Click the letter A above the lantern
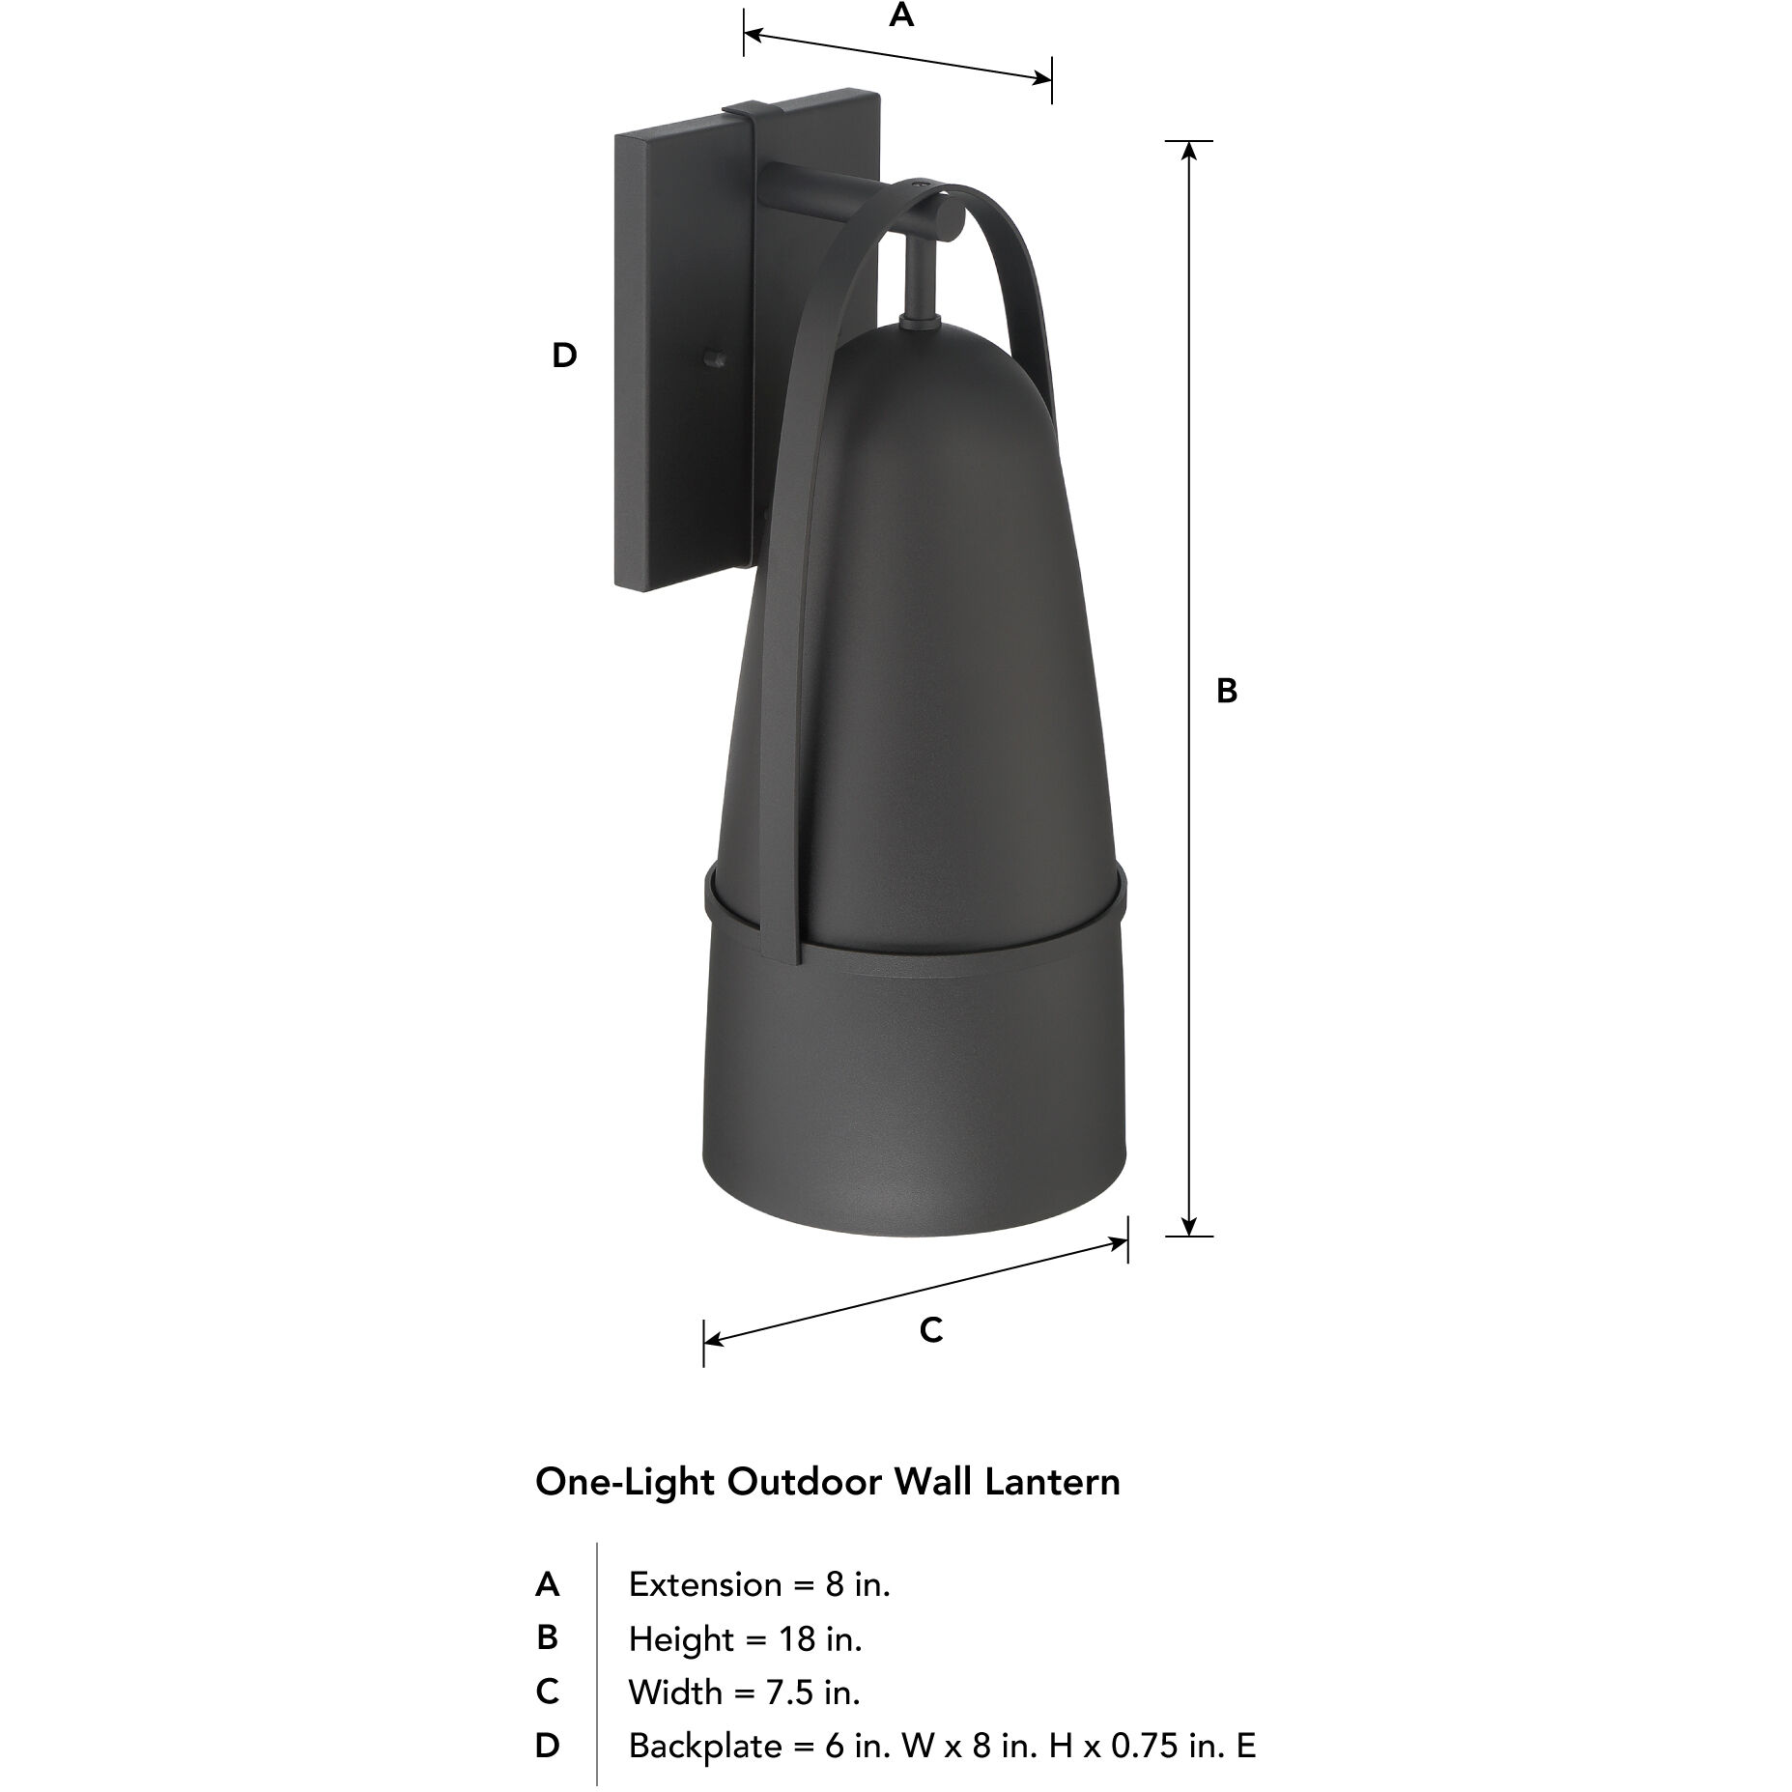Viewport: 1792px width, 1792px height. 900,16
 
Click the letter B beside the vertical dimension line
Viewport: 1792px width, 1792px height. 1226,692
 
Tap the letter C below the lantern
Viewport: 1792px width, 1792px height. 930,1330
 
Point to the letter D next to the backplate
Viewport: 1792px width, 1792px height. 564,356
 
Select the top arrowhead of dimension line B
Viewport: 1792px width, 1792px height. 1189,151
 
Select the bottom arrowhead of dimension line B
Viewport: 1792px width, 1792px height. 1189,1226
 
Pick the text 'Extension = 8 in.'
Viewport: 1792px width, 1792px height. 758,1585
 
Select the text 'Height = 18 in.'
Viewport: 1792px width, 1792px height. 745,1639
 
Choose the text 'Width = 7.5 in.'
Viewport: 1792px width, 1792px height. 744,1692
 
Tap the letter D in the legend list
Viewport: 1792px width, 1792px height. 547,1747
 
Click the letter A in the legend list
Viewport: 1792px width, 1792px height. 547,1585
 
